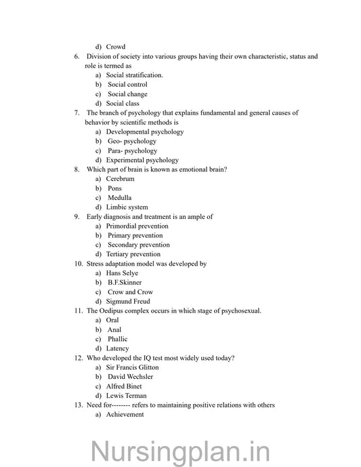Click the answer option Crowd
[x=116, y=47]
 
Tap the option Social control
[x=127, y=85]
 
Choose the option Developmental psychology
[x=145, y=131]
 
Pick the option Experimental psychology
[x=142, y=160]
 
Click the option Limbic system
[x=127, y=207]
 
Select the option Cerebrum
[x=120, y=179]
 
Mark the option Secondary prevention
[x=139, y=245]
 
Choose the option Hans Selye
[x=122, y=273]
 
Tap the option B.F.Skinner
[x=124, y=283]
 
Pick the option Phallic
[x=118, y=339]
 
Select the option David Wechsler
[x=130, y=377]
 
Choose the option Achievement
[x=125, y=415]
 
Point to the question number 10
[x=79, y=264]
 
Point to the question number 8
[x=77, y=169]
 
